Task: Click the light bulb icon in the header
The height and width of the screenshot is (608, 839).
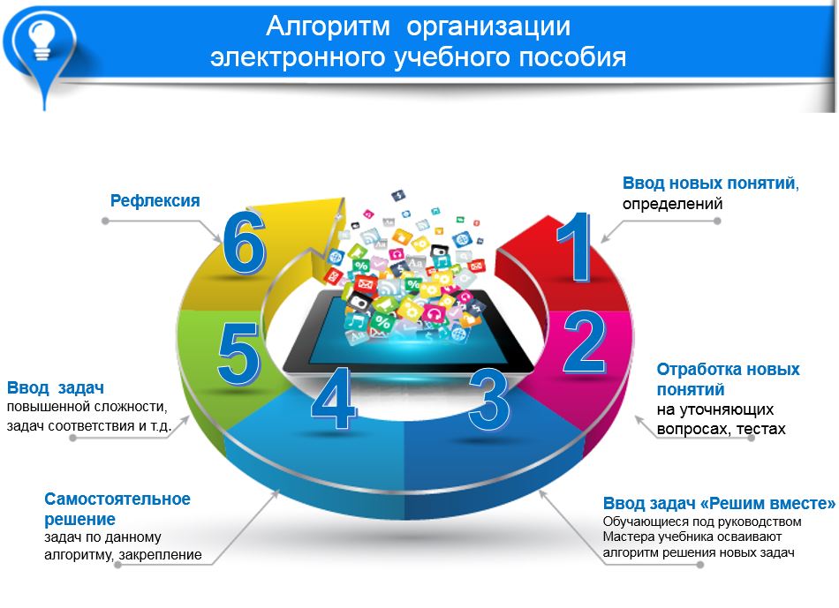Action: (42, 39)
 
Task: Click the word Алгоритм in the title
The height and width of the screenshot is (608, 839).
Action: (328, 26)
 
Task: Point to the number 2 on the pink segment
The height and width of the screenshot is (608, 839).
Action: (585, 342)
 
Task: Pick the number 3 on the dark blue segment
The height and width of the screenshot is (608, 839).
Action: (488, 399)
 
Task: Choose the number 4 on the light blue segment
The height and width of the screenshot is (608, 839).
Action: (333, 398)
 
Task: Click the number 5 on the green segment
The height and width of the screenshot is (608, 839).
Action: (238, 354)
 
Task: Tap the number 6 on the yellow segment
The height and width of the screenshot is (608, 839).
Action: (244, 243)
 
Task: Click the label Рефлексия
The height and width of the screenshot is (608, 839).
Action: (155, 200)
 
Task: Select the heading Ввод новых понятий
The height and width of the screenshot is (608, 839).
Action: (709, 184)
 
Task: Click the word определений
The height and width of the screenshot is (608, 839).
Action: (672, 204)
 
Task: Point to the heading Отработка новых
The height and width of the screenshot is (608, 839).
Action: (728, 369)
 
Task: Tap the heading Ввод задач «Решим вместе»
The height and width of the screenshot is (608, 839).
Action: (719, 503)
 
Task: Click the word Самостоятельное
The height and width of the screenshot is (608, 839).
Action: (117, 499)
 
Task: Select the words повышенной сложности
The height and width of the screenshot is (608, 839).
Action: (87, 407)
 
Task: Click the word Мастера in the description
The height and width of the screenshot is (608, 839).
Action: (624, 537)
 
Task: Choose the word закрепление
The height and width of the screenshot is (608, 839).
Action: (160, 554)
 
